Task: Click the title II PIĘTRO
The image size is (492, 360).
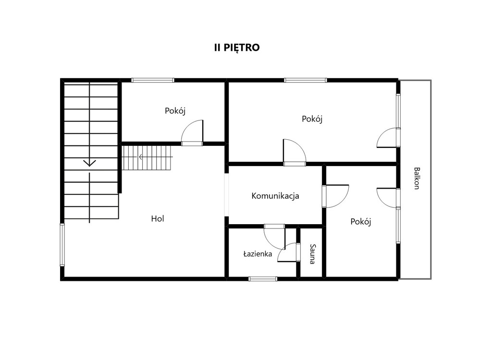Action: coord(237,48)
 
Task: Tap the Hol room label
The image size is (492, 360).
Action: coord(158,218)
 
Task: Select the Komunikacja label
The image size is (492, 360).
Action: coord(275,196)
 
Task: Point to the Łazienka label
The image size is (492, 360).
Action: coord(258,254)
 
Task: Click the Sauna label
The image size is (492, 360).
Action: coord(312,254)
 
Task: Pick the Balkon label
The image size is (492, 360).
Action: coord(417,178)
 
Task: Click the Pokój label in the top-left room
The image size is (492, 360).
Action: coord(175,111)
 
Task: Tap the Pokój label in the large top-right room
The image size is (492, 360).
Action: coord(312,119)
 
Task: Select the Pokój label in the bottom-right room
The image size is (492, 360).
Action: coord(361,222)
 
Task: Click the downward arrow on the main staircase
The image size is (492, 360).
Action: coord(90,163)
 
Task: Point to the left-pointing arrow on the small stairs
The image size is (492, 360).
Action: coord(141,157)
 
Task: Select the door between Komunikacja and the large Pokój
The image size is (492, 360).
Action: coord(295,153)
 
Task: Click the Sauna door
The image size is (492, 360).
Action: coord(289,252)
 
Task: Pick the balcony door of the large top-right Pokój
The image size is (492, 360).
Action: coord(388,137)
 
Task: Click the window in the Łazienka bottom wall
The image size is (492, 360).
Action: coord(263,279)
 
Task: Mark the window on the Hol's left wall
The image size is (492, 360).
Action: coord(62,245)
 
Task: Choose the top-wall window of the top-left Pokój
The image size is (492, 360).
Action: coord(152,80)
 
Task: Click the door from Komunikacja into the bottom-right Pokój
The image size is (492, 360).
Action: coord(335,196)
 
